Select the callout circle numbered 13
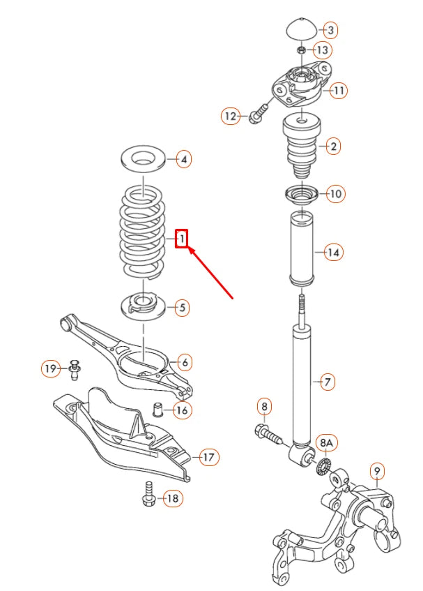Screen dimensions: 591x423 pyautogui.click(x=322, y=50)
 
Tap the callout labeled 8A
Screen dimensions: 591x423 pyautogui.click(x=326, y=443)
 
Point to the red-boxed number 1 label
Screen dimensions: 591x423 pyautogui.click(x=181, y=239)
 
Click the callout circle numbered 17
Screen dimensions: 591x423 pyautogui.click(x=208, y=458)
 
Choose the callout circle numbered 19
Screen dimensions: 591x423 pyautogui.click(x=51, y=368)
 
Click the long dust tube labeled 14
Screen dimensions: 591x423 pyautogui.click(x=302, y=250)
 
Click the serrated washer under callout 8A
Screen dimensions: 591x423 pyautogui.click(x=323, y=466)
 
